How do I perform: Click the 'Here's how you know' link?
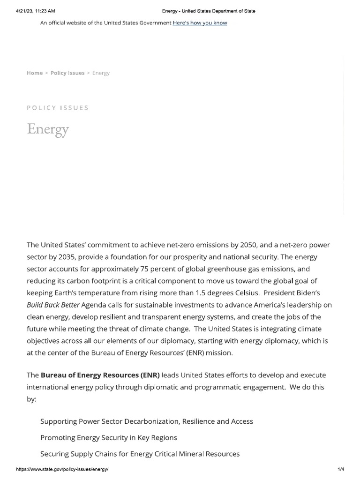200,23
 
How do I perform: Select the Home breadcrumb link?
35,73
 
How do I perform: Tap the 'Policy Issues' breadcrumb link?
67,73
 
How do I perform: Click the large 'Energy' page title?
48,128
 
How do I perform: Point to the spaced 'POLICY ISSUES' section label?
58,108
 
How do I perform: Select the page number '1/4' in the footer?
341,469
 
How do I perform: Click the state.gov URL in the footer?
62,469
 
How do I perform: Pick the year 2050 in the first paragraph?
248,245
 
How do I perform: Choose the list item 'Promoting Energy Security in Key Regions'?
109,438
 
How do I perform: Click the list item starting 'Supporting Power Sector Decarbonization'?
147,421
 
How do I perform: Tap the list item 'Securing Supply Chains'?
140,454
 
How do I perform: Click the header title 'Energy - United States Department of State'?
209,11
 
